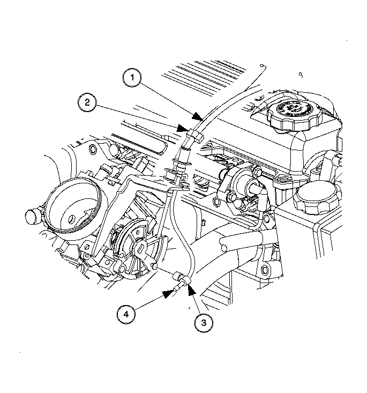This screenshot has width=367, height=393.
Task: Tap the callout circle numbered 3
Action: [x=203, y=322]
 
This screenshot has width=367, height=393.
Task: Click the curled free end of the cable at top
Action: [x=263, y=66]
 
